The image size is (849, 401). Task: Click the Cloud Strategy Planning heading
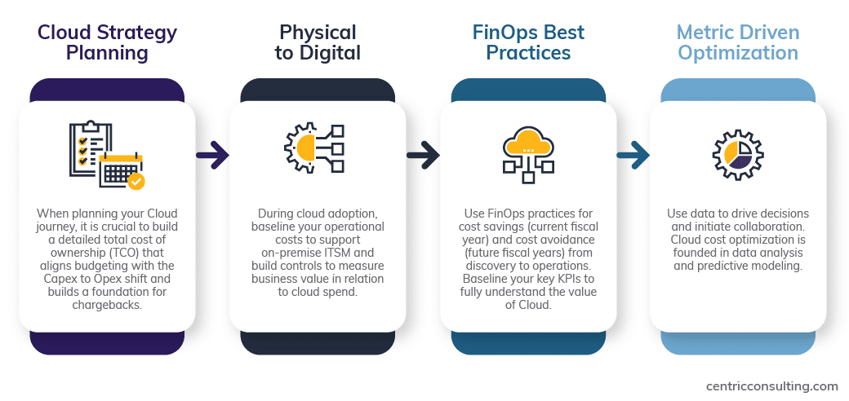(107, 42)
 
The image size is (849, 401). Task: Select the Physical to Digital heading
(318, 42)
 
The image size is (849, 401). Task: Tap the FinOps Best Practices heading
(528, 42)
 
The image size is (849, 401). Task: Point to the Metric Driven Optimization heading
(738, 42)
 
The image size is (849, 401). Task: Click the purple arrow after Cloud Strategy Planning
(212, 156)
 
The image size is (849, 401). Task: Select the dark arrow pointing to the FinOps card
(423, 156)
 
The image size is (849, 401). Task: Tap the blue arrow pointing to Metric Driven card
(633, 156)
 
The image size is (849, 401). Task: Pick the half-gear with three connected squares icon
(314, 148)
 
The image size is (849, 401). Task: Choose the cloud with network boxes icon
(528, 155)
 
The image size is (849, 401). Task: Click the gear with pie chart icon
(738, 155)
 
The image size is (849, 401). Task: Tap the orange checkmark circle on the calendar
(136, 181)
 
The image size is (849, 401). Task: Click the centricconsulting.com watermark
(772, 386)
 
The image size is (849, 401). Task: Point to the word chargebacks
(107, 304)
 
